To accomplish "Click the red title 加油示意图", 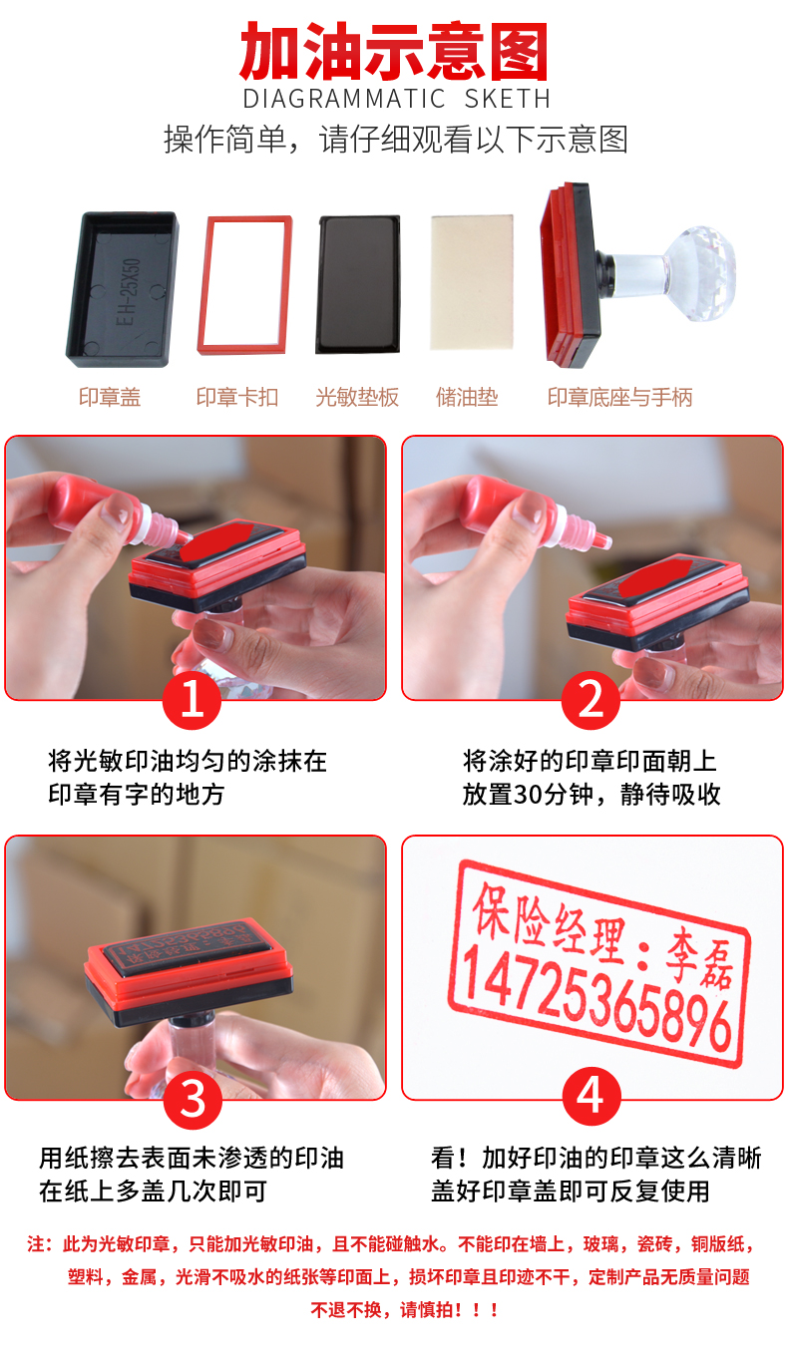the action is [394, 52].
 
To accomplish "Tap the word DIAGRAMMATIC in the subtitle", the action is [344, 99].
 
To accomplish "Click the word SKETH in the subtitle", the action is [508, 99].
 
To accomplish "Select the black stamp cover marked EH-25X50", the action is [122, 288].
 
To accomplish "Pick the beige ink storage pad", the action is [472, 282].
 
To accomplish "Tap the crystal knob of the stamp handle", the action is [698, 273].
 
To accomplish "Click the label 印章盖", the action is [110, 397].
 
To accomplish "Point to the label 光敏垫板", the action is [357, 397].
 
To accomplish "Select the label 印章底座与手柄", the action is [619, 397].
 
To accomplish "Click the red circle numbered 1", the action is [192, 699].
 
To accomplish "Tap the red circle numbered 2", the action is [591, 699].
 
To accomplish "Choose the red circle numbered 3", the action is [193, 1100].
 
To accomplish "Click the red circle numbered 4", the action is [591, 1097].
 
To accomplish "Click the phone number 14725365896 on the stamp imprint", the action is [596, 1000].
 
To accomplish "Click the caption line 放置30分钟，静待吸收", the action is [591, 794].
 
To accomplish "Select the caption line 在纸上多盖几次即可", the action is [153, 1191].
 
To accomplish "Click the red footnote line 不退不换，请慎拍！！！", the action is [404, 1309].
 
